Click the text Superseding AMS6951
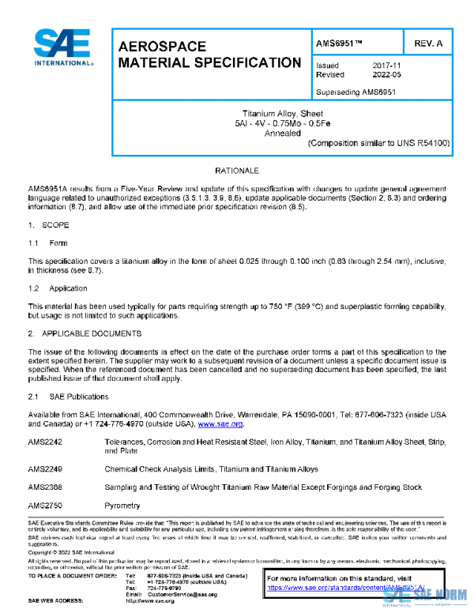(355, 92)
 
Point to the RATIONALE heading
(236, 171)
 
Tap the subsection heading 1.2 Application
(57, 289)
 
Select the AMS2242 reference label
(45, 443)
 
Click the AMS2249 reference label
(45, 469)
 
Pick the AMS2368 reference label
(45, 487)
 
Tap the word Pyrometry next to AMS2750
(122, 506)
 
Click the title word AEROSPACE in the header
(162, 47)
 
